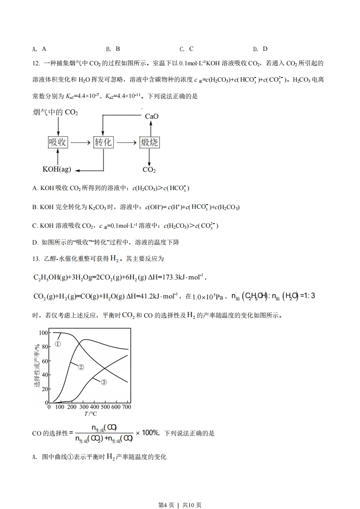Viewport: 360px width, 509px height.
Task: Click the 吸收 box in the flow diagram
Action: [58, 142]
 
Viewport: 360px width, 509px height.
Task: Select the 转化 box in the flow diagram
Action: [103, 142]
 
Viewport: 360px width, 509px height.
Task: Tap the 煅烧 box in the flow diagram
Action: [149, 142]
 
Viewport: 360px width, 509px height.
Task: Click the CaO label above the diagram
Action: [152, 116]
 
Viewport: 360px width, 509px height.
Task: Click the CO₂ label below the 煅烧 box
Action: [149, 170]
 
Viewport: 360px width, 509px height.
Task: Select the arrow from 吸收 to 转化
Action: [80, 142]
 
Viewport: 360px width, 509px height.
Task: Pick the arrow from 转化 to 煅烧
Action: [126, 142]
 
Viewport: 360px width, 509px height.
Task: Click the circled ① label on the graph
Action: [58, 344]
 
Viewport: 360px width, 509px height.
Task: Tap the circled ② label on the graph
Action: [81, 367]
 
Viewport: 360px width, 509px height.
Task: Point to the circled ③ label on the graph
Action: [104, 382]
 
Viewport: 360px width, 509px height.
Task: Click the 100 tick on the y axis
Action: [43, 333]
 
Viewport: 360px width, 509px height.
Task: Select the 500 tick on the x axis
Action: [105, 407]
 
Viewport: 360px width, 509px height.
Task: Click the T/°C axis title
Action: [90, 414]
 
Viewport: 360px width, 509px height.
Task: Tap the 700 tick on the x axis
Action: [127, 407]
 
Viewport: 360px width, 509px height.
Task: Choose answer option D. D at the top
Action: [260, 49]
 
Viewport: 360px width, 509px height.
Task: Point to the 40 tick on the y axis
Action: [44, 375]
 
